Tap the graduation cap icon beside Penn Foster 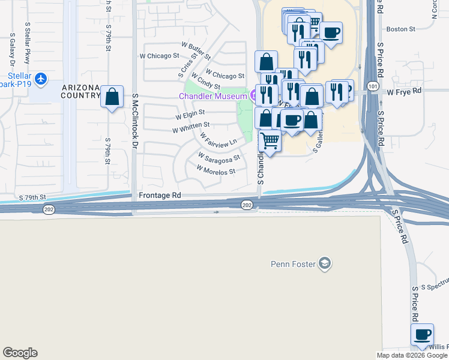325,263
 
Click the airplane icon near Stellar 40,79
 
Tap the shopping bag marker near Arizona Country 112,97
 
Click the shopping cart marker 270,142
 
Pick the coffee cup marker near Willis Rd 422,335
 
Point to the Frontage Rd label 160,196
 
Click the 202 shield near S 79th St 49,208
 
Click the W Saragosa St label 219,157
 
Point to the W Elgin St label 190,113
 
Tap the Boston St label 401,29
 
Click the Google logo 20,353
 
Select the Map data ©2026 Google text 411,355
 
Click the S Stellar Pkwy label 27,44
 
